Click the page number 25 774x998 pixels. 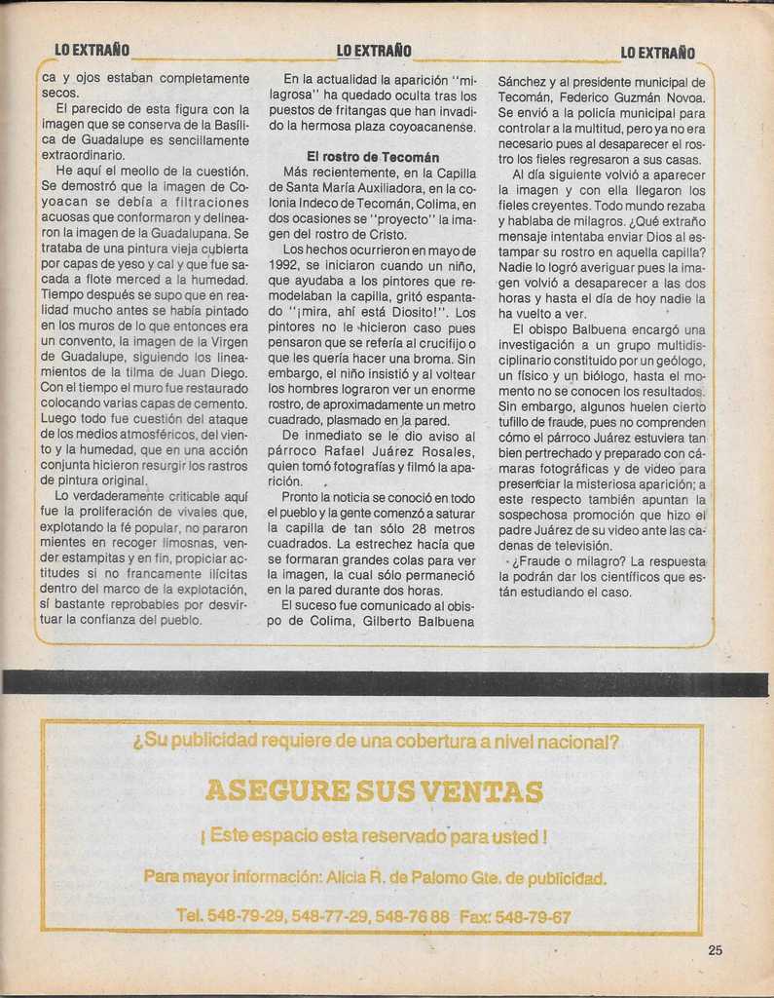(715, 950)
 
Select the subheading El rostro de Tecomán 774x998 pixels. (372, 157)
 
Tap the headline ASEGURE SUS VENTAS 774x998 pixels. (374, 790)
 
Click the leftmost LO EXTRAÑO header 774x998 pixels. (92, 51)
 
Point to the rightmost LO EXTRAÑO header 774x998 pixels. (657, 53)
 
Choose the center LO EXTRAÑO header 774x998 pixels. (374, 51)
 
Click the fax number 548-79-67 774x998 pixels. (532, 916)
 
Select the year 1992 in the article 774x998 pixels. (283, 265)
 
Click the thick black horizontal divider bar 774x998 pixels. (386, 682)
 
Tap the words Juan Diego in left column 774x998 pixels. (215, 371)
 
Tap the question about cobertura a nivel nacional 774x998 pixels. (376, 743)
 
